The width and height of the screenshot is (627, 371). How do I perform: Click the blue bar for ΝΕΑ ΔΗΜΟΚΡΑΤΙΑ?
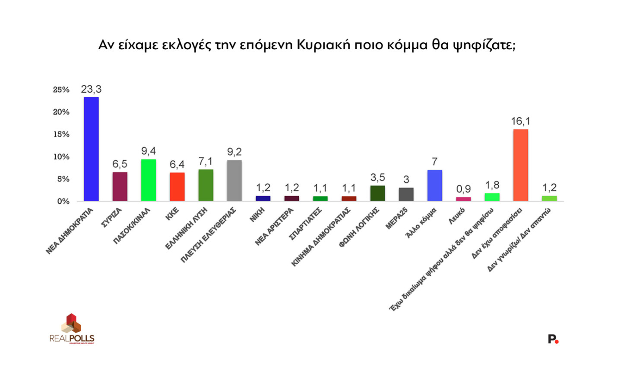tap(91, 149)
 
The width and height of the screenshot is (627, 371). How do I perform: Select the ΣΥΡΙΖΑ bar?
tap(120, 186)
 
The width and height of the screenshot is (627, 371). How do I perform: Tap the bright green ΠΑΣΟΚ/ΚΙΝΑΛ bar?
tap(149, 180)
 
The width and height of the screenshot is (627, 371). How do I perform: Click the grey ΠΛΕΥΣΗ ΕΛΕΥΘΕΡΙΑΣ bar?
tap(234, 180)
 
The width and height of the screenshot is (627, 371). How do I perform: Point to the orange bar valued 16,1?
tap(520, 165)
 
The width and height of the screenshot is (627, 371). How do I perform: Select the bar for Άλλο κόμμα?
tap(434, 185)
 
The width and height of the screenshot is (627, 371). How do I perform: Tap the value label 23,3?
tap(91, 89)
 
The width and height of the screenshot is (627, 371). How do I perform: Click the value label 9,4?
tap(149, 151)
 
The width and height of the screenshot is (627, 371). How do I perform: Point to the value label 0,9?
tap(463, 189)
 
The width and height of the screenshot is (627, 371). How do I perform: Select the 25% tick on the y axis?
tap(61, 90)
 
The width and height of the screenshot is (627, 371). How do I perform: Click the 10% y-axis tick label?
tap(61, 157)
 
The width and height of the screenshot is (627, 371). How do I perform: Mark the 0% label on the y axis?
tap(63, 201)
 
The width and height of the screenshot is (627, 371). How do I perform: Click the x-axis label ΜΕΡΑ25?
tap(397, 219)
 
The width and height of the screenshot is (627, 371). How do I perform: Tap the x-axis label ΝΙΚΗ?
tap(257, 215)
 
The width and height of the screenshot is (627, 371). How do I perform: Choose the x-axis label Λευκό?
tap(456, 215)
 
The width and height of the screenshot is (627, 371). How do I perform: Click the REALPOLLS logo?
tap(72, 329)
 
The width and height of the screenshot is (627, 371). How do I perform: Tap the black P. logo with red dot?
tap(553, 339)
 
